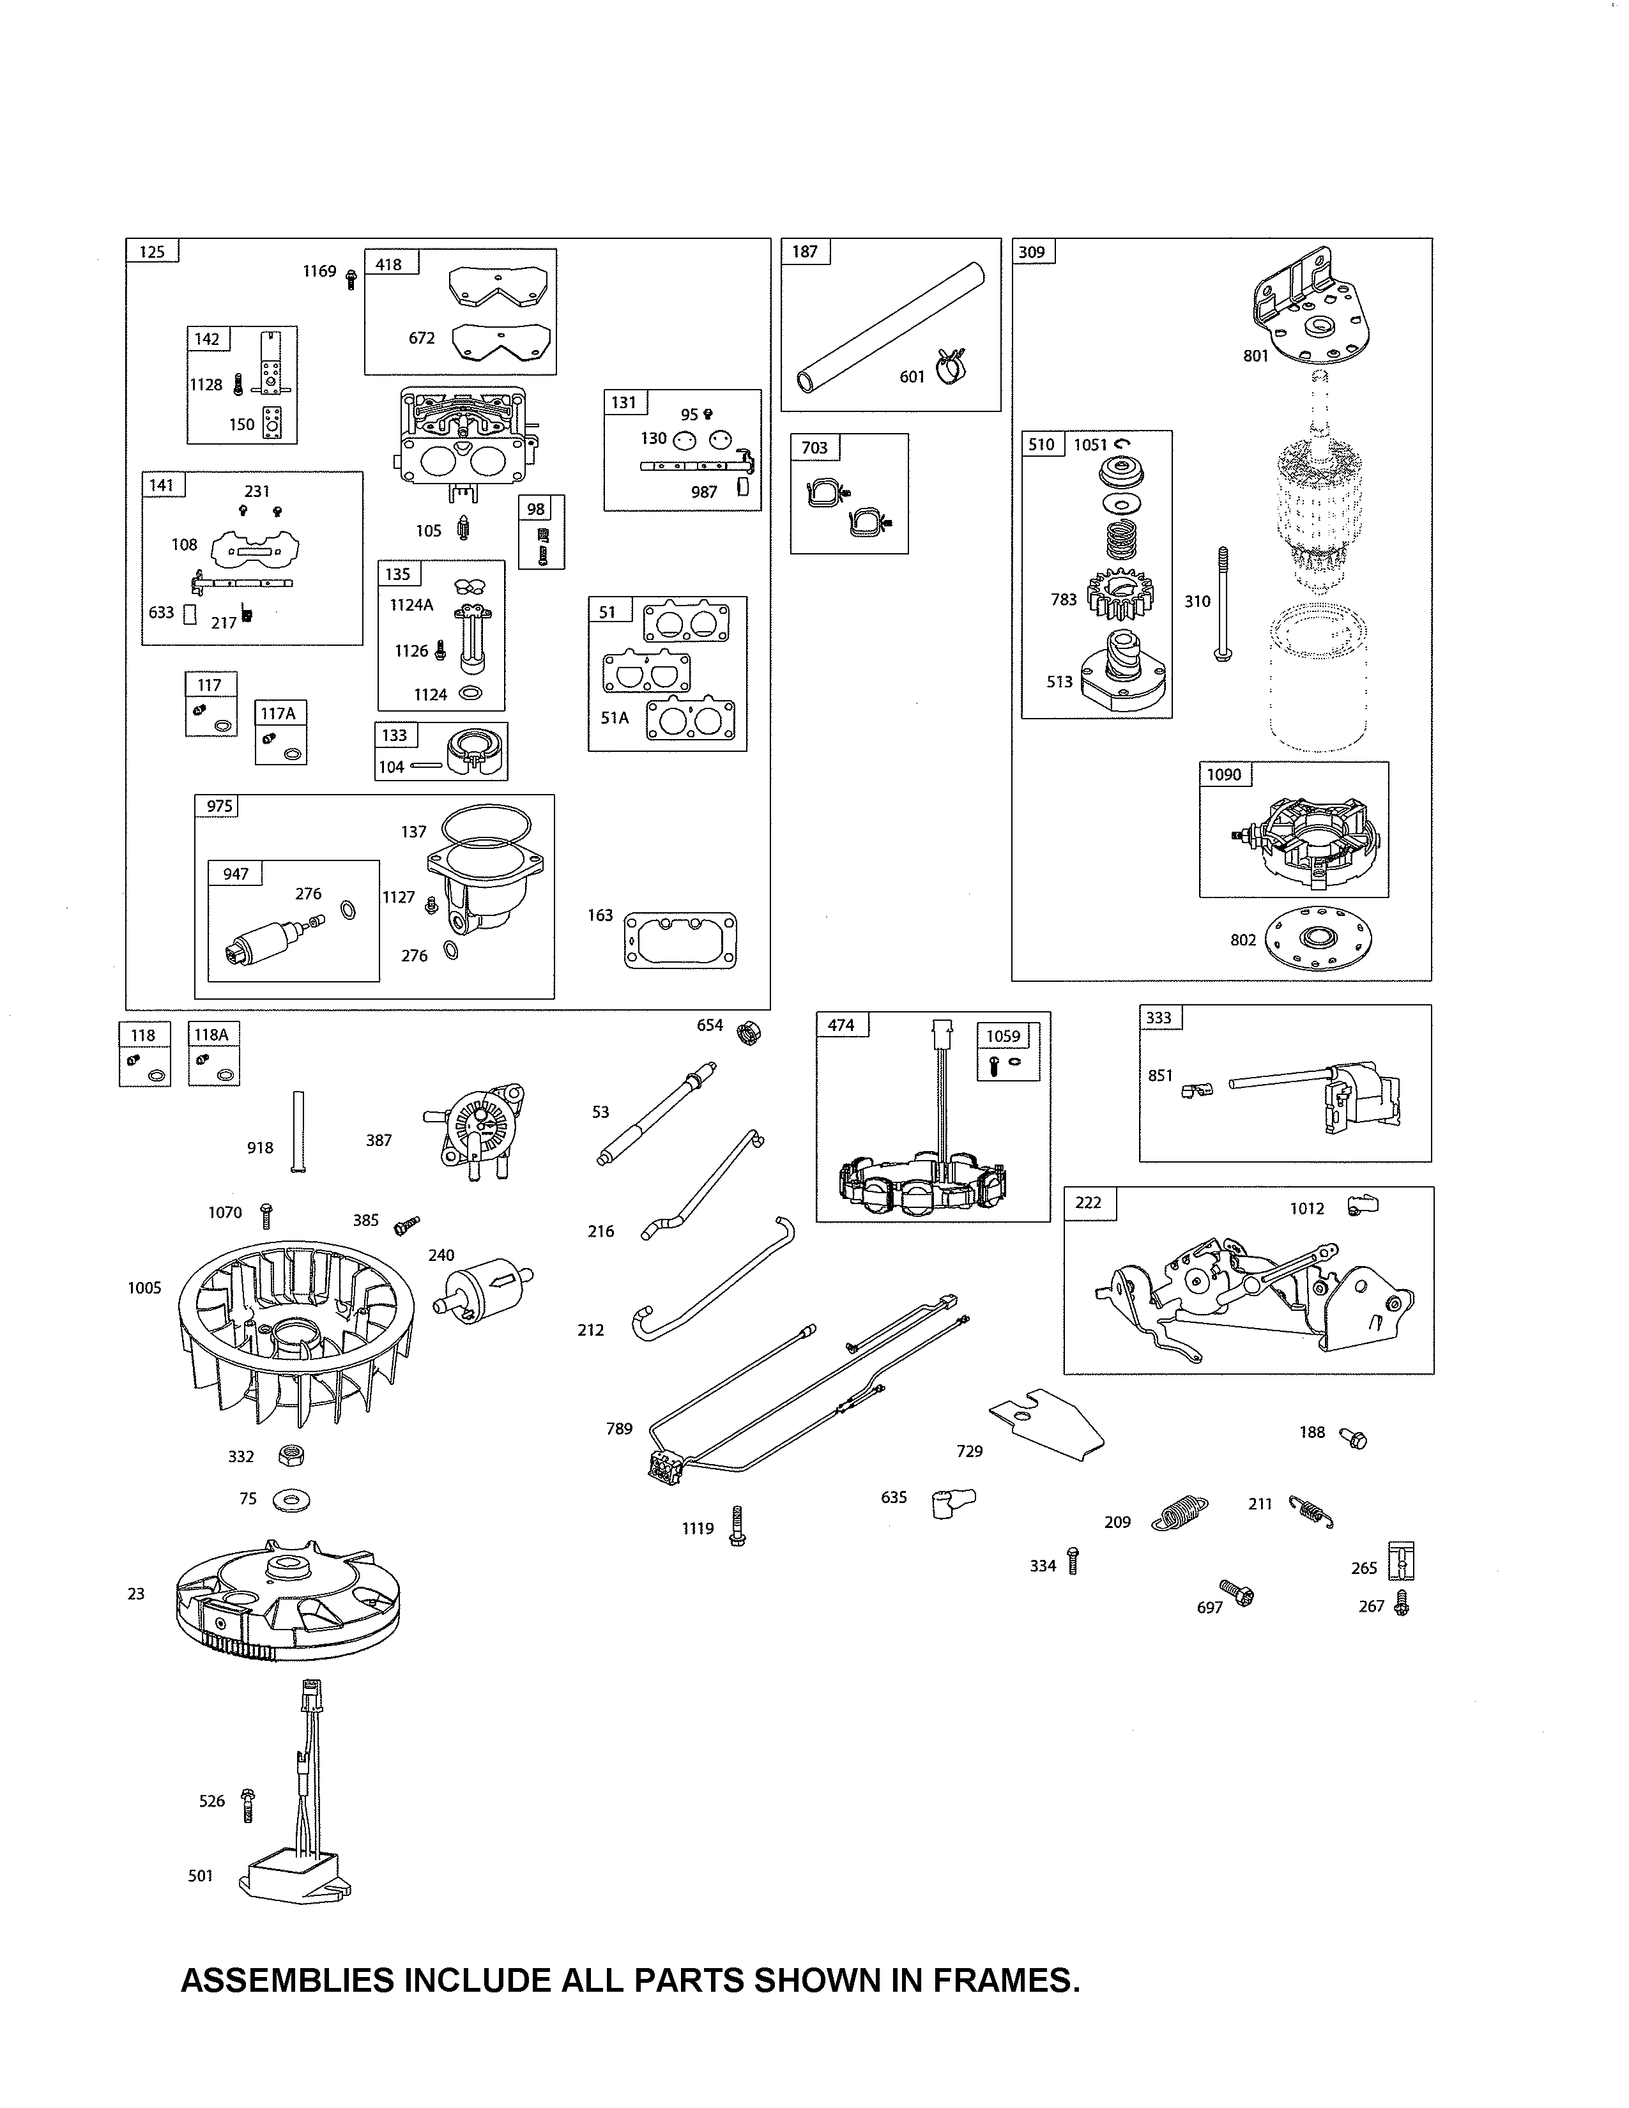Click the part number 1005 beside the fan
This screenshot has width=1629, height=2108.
tap(145, 1288)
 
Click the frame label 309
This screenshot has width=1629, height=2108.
tap(1032, 252)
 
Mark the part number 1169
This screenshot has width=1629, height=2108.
tap(319, 271)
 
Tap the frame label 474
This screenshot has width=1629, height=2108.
tap(841, 1025)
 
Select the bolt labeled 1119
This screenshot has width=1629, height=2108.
tap(737, 1526)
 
